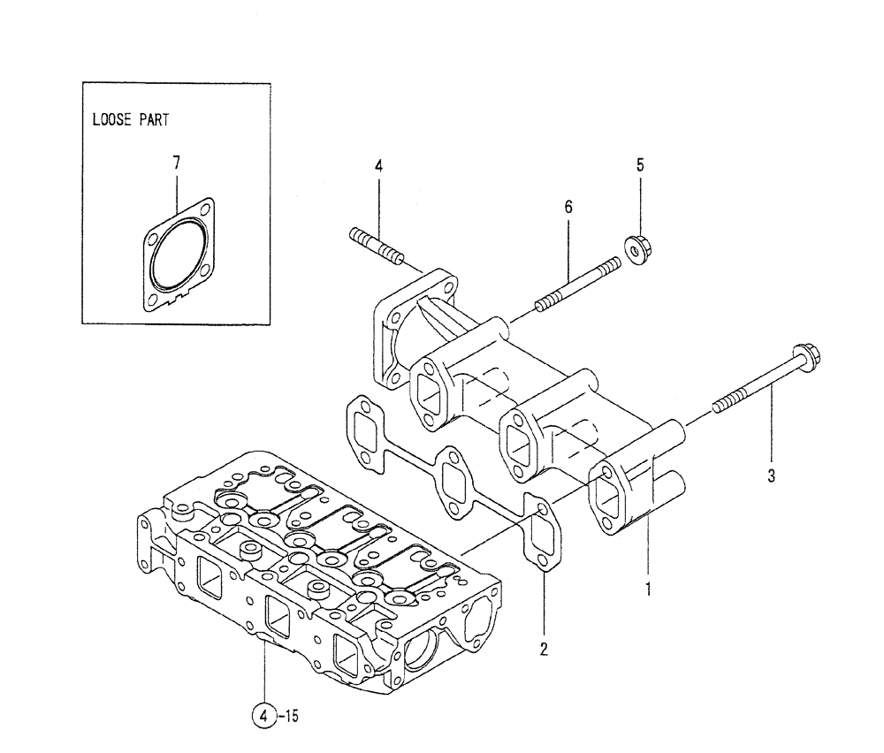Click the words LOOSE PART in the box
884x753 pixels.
pos(130,120)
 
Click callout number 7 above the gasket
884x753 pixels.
pos(176,163)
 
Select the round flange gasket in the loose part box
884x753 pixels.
pos(180,253)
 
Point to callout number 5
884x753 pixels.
pos(641,164)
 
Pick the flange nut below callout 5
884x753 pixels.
pos(635,247)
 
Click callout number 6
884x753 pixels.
pos(568,207)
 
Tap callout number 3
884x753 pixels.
pos(771,476)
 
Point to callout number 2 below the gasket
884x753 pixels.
pos(544,650)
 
